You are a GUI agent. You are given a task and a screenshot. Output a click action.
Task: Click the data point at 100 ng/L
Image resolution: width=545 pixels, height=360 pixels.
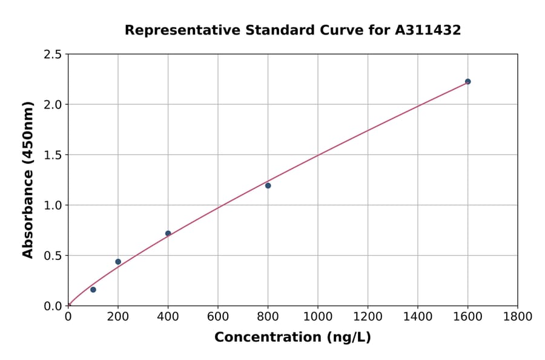point(93,290)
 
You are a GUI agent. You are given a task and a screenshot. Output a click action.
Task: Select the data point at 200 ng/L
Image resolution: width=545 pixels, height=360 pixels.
point(118,262)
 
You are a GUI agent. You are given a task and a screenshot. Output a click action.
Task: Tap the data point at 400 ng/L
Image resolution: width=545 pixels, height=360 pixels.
point(168,233)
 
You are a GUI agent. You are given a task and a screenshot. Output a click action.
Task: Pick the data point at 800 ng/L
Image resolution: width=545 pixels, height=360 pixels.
point(268,185)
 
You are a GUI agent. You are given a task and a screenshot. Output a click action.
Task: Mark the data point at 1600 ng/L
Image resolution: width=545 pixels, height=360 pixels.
point(467,81)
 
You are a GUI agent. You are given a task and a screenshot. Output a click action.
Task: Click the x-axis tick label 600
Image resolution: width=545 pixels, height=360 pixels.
point(218,316)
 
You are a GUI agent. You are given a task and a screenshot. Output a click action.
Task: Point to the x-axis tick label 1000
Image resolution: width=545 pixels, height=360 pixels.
point(318,316)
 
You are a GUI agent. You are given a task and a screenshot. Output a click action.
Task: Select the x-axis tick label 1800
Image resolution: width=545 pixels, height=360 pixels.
point(518,316)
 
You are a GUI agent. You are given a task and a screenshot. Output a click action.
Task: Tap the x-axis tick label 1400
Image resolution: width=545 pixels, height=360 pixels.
point(418,316)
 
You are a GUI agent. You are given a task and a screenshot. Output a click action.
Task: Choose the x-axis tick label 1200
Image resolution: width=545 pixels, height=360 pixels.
point(368,316)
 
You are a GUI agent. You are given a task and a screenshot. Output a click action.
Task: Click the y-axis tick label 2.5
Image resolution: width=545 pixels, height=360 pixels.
point(53,55)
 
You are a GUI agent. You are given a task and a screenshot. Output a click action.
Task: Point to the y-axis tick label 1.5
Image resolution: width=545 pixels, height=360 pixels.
point(53,155)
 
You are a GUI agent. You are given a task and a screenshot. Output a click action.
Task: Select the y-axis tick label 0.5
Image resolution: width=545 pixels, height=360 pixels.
point(53,256)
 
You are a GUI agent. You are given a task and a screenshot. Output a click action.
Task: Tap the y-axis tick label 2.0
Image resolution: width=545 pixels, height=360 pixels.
point(53,105)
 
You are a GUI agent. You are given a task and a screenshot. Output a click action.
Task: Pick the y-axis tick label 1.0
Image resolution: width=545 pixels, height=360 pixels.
point(53,205)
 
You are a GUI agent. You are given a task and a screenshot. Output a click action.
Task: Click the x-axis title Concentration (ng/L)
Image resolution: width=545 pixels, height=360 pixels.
point(292,338)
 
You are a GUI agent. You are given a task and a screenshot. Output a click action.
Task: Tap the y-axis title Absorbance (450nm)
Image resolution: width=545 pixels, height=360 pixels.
point(28,179)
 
